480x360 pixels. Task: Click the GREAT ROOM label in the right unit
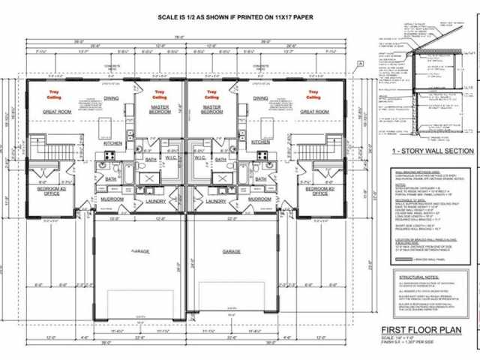[315, 111]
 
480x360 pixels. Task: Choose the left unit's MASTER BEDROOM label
[160, 110]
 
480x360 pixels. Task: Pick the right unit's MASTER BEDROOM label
[213, 110]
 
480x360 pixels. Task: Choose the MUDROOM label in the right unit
[259, 199]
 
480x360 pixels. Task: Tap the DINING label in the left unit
[111, 98]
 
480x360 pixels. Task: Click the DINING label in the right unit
[262, 98]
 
